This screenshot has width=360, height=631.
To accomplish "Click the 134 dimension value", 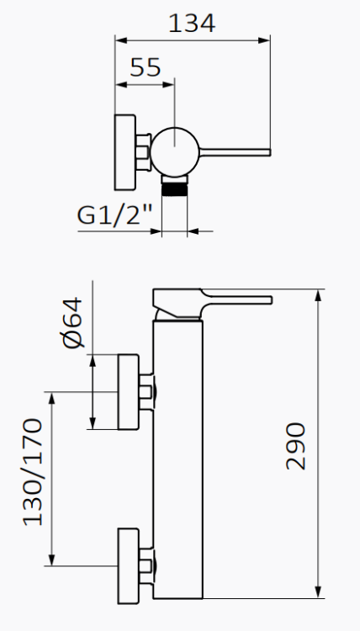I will [192, 22].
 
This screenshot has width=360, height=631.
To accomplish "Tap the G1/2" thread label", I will [115, 215].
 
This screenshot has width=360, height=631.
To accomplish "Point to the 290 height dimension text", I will [295, 446].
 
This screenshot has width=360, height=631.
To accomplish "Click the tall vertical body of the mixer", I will [178, 454].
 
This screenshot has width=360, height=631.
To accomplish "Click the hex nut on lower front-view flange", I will [147, 565].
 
